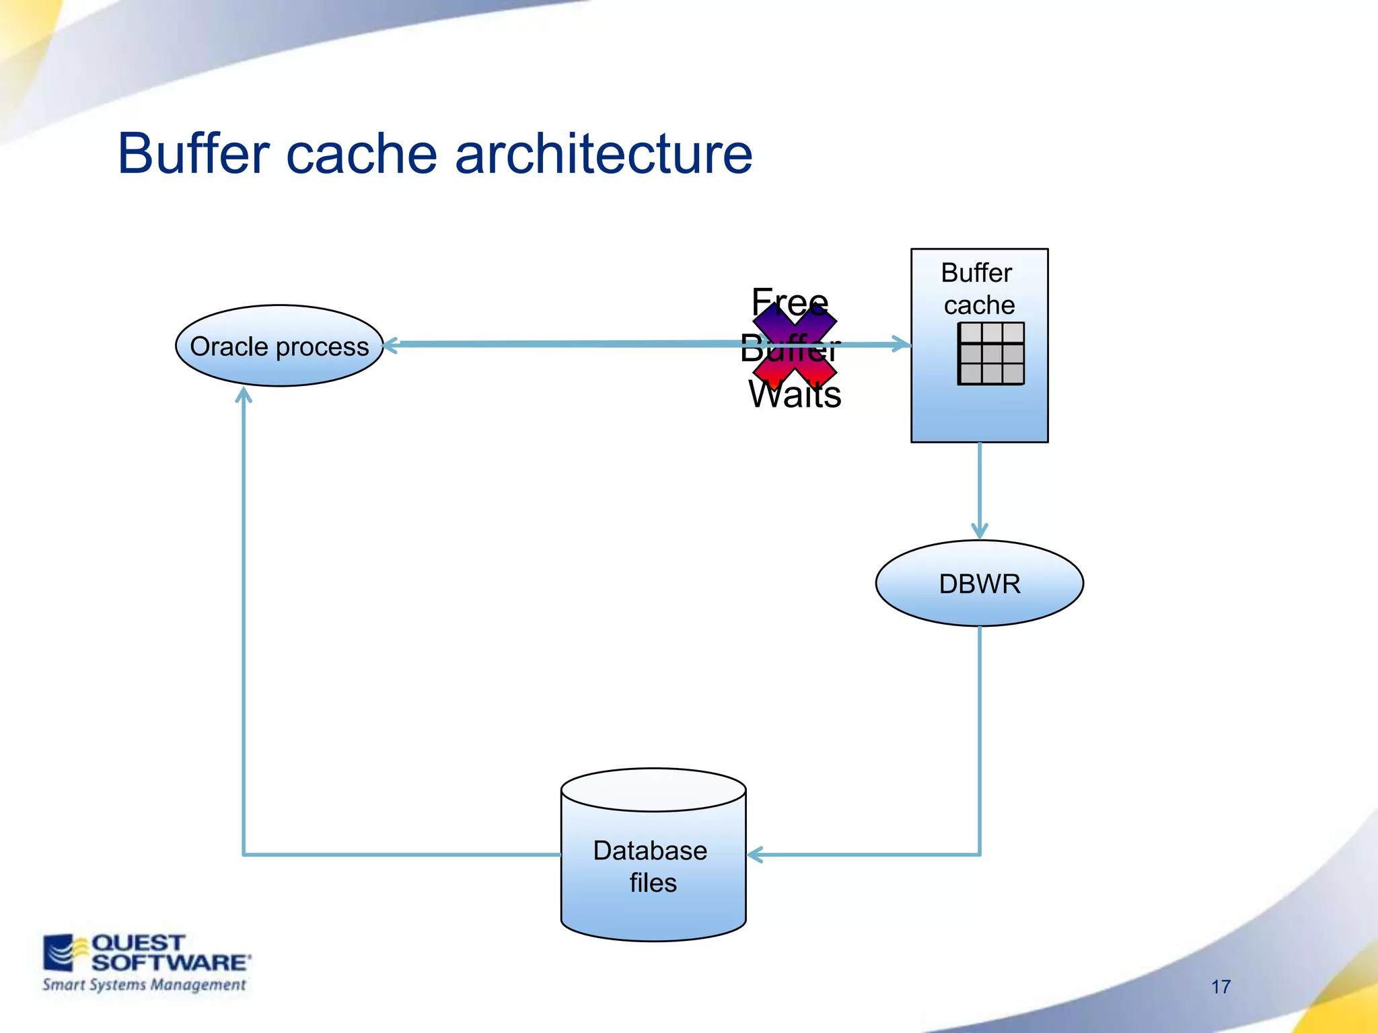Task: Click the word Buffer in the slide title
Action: [x=194, y=153]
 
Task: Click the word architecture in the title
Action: [x=604, y=153]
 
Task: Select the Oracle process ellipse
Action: [x=279, y=346]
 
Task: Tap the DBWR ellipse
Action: [x=979, y=583]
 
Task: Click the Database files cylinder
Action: [x=653, y=868]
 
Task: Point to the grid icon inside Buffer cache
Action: [x=990, y=353]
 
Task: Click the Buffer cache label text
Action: [x=978, y=289]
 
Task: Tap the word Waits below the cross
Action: [x=795, y=395]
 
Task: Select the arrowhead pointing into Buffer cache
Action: [x=902, y=344]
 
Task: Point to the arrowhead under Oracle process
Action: [x=244, y=395]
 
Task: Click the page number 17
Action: [x=1221, y=987]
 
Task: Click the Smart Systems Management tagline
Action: [x=144, y=985]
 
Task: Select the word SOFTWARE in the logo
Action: [x=170, y=962]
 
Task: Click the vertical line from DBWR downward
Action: [x=979, y=740]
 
